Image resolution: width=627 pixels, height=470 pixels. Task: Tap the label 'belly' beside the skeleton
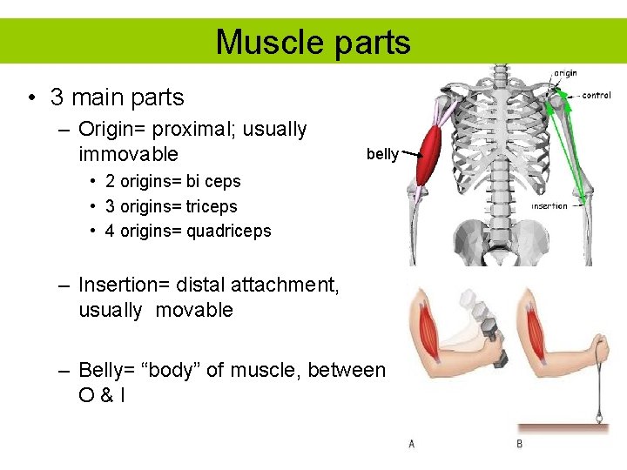coord(382,154)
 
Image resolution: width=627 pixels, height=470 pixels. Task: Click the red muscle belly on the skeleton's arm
coord(430,154)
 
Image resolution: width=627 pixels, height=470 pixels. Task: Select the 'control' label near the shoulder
coord(597,95)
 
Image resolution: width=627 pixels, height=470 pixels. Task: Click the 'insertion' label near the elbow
coord(549,206)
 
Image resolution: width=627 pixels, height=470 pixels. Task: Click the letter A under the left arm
coord(412,444)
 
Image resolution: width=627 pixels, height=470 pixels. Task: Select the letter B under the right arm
coord(520,444)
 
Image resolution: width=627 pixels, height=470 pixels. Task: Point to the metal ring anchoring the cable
coord(599,417)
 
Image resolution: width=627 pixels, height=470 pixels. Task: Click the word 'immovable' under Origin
coord(128,155)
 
